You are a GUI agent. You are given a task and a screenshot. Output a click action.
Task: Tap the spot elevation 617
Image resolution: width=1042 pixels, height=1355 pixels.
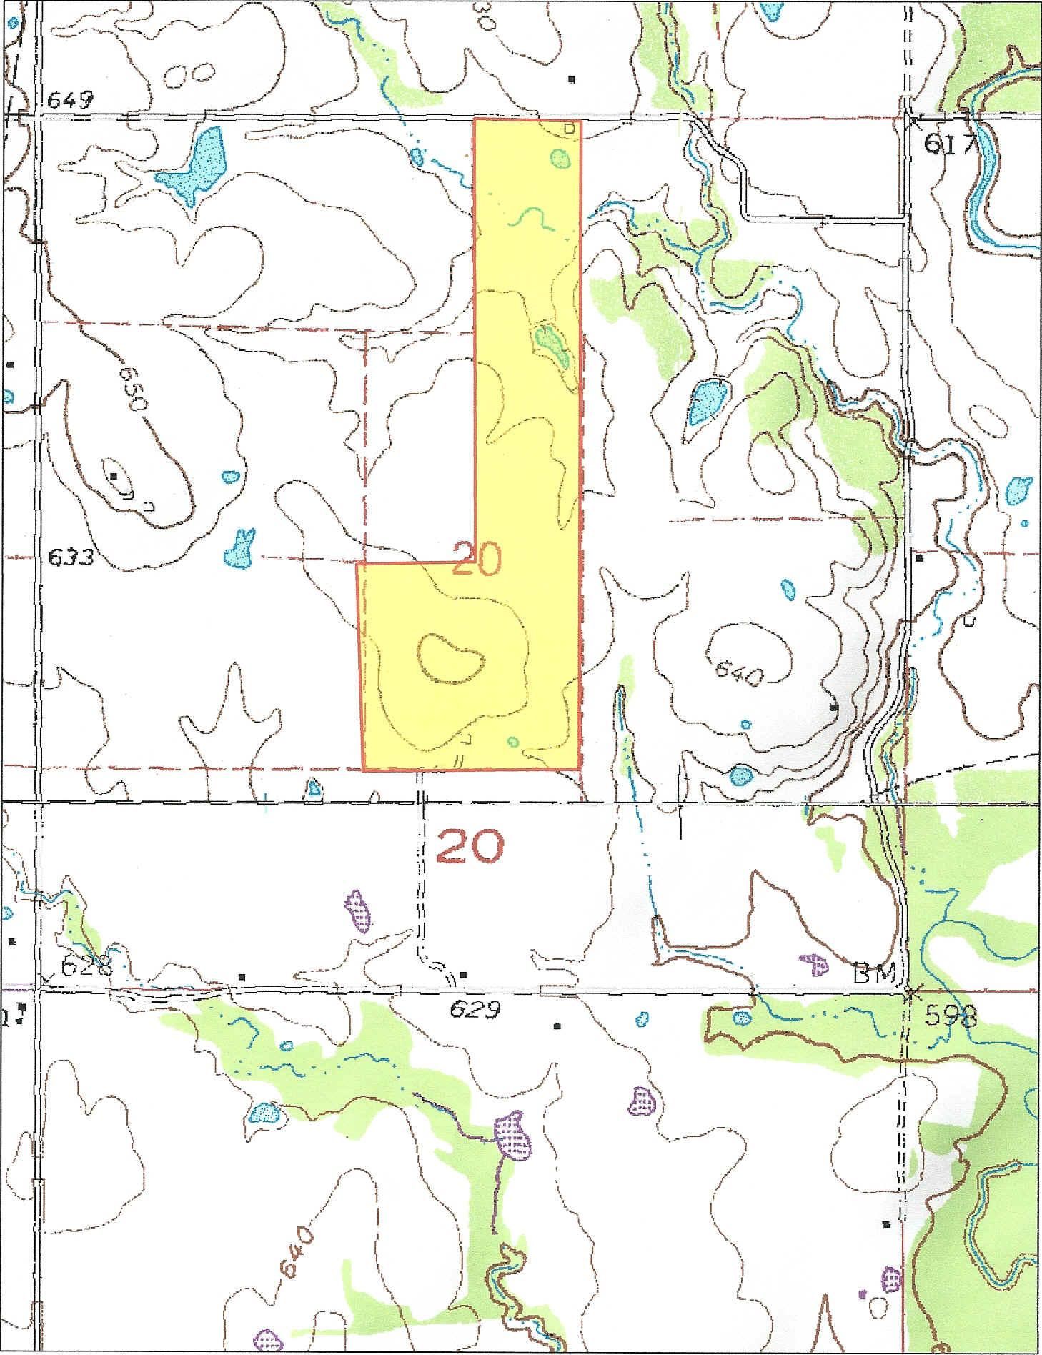(950, 145)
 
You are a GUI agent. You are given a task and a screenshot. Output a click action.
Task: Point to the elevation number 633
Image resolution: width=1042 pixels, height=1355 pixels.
(71, 556)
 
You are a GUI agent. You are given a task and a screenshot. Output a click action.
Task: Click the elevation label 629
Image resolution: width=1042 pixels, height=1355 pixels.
(475, 1009)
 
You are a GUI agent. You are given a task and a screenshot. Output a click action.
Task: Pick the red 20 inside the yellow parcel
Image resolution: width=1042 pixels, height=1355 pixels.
(477, 560)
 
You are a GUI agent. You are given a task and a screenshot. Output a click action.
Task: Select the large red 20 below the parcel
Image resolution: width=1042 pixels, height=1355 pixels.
(470, 845)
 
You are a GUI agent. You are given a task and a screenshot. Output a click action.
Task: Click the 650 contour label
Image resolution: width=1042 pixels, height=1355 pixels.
(134, 388)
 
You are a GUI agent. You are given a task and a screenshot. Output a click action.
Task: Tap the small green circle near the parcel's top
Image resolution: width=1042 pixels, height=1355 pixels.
(560, 158)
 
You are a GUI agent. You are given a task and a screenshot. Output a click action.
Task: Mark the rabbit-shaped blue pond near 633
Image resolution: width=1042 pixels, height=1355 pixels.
(240, 548)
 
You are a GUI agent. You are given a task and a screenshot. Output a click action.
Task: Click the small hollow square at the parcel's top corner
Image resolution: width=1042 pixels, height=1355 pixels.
(569, 129)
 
